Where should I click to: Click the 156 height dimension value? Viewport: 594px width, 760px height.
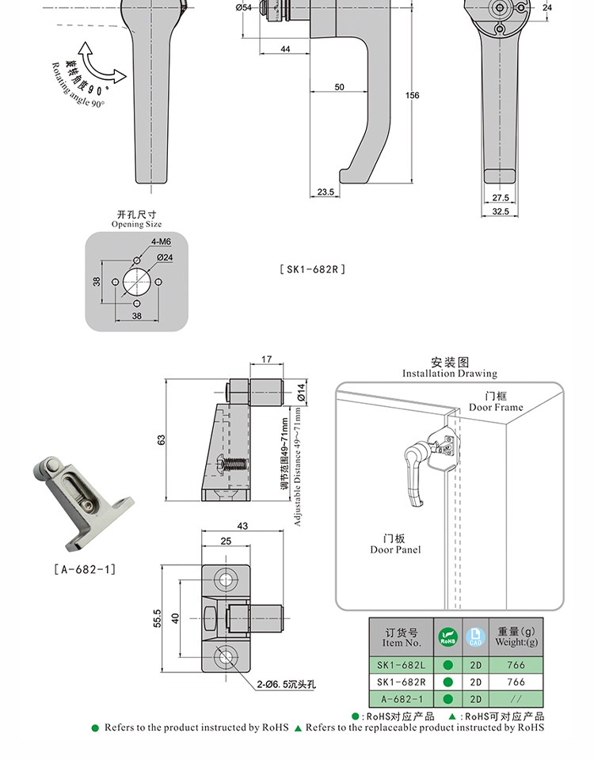click(412, 96)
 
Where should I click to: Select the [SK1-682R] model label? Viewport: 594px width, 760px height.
click(313, 269)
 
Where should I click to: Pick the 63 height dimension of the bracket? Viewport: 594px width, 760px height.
click(162, 440)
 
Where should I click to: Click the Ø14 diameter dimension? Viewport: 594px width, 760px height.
click(301, 391)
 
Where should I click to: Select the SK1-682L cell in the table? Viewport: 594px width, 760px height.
click(401, 665)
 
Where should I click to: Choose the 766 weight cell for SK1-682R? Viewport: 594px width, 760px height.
click(516, 682)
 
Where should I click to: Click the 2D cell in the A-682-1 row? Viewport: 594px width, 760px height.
click(476, 699)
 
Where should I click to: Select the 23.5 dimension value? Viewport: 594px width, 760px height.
click(326, 192)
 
